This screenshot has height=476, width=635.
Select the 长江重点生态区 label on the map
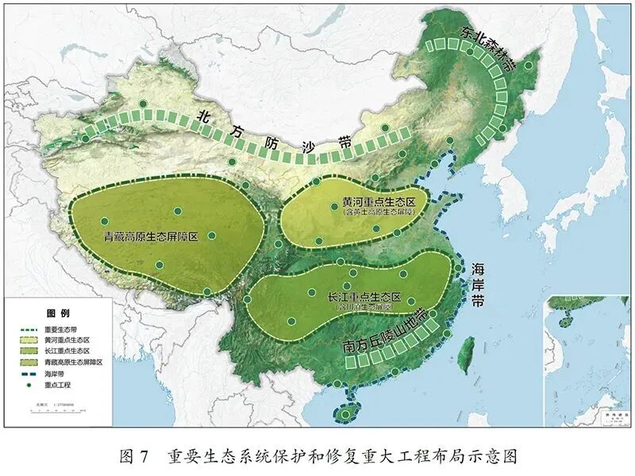[x=364, y=297]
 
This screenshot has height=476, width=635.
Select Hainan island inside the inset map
[x=566, y=322]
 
